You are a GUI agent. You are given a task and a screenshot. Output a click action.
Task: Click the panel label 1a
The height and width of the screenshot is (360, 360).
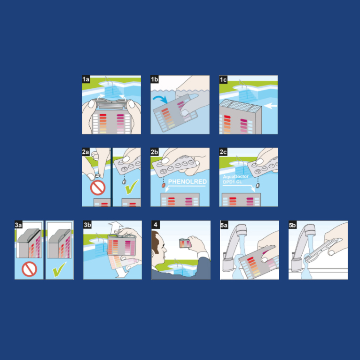point(86,79)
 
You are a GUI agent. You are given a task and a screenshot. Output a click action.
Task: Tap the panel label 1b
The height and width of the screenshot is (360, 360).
point(155,79)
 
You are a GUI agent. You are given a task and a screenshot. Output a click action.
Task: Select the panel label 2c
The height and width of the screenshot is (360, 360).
point(223,152)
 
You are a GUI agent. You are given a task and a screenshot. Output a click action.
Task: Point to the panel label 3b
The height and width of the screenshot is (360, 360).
point(87,225)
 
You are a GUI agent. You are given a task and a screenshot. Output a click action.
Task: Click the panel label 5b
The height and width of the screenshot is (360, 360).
point(292,225)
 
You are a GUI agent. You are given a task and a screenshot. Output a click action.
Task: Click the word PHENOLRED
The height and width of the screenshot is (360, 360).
point(188,182)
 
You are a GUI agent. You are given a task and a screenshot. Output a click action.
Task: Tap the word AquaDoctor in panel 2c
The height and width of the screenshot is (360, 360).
point(235,177)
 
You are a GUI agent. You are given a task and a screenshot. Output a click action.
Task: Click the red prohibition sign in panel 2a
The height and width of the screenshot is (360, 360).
point(98,188)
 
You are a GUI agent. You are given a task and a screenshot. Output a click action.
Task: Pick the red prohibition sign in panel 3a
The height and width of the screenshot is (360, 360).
point(29,269)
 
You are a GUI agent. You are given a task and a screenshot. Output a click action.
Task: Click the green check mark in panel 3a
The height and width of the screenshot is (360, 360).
point(59,269)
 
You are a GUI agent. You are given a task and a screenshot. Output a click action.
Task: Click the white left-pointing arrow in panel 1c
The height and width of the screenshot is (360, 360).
point(271,106)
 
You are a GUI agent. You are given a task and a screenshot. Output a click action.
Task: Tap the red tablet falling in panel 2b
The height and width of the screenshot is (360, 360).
point(164,185)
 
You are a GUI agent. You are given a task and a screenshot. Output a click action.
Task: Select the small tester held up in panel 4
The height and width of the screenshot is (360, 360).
point(185,243)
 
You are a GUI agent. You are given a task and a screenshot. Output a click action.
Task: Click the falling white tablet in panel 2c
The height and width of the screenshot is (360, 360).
point(258,185)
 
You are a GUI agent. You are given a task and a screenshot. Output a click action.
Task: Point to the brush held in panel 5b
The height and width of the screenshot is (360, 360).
point(321,250)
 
